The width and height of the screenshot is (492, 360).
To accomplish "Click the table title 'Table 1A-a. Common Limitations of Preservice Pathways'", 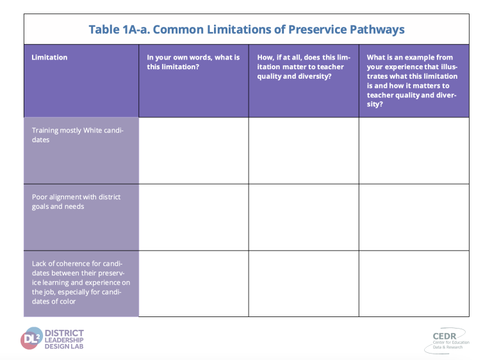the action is (247, 29).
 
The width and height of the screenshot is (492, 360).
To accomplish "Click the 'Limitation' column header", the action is (49, 58).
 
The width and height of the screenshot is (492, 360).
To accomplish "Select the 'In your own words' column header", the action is (193, 62).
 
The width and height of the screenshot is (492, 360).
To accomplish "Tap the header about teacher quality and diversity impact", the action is (304, 67).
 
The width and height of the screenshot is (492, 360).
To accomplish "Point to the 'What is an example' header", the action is (412, 81).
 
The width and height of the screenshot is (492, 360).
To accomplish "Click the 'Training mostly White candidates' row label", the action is (78, 135).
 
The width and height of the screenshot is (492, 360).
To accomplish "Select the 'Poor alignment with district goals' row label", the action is (76, 202).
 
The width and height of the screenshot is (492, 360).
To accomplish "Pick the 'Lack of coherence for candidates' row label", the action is (81, 282).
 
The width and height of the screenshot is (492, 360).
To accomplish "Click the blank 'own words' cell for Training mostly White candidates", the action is (193, 151).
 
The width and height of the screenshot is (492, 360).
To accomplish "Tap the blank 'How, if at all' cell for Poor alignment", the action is (304, 217).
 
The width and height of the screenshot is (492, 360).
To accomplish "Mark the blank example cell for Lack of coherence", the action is (414, 283).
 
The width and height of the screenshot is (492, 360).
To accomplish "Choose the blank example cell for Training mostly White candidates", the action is (414, 151).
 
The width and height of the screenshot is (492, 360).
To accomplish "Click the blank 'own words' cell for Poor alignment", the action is (193, 217).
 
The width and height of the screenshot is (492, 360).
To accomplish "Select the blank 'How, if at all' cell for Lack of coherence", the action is (304, 283).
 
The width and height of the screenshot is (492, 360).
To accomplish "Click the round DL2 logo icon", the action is (31, 338).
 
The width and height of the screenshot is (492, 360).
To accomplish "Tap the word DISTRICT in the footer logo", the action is (64, 333).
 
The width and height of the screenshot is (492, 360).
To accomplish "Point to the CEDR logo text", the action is (445, 336).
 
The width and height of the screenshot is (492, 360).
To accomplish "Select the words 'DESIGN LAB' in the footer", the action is (64, 347).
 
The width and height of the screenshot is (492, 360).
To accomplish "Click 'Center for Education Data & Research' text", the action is (451, 345).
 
